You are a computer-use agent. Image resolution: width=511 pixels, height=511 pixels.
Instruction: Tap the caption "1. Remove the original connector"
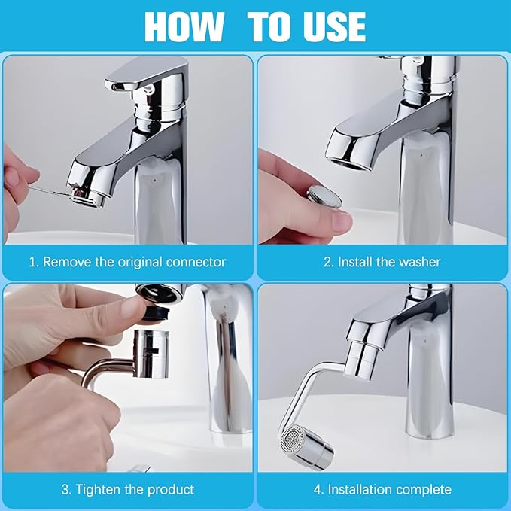[127, 262]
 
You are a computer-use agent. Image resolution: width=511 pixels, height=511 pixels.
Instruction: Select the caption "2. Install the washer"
[382, 262]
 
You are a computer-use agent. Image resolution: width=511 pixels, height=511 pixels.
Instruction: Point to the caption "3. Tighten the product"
[127, 489]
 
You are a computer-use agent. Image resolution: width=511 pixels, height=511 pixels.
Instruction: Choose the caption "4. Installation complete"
[382, 489]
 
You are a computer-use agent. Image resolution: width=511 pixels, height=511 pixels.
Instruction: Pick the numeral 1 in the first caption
[32, 262]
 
